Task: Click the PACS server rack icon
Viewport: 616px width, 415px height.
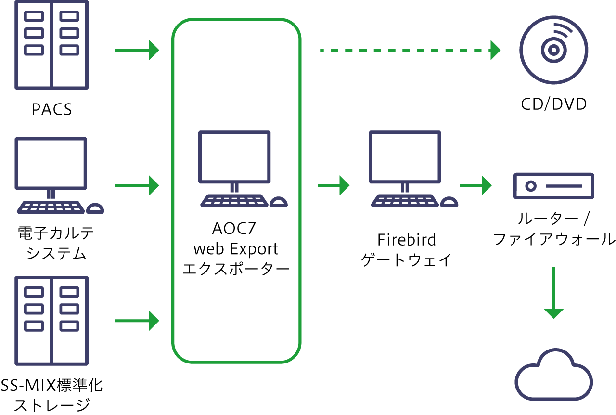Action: [51, 44]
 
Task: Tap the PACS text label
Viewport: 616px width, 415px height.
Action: [51, 109]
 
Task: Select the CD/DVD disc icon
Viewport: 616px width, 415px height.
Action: [553, 50]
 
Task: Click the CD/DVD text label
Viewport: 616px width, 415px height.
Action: [553, 104]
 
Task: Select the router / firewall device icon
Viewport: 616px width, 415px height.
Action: [553, 185]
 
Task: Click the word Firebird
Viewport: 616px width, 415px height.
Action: [406, 239]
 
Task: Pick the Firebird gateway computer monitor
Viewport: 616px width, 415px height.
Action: [405, 157]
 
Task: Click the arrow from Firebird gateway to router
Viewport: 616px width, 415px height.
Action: [475, 185]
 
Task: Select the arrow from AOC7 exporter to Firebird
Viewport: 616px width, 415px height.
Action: [333, 185]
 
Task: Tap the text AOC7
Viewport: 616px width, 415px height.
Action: [235, 228]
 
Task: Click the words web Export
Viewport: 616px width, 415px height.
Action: [235, 249]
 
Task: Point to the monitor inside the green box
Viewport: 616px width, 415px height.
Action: [234, 157]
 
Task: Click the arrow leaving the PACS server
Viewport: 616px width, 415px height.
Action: [137, 50]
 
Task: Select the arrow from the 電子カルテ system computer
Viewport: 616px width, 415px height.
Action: [137, 185]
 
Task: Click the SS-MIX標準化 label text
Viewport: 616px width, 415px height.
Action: [51, 386]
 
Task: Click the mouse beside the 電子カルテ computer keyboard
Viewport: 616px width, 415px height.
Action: [95, 208]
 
